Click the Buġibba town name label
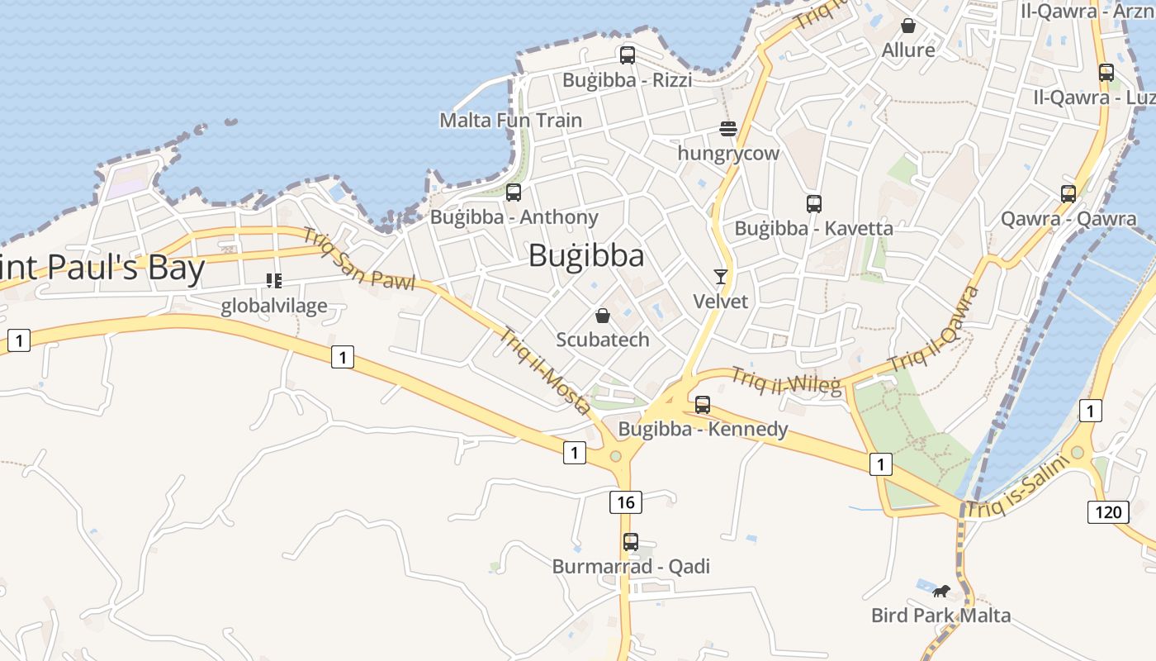tap(586, 255)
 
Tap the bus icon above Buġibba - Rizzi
tap(628, 55)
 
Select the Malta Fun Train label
tap(510, 120)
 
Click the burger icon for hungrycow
tap(727, 129)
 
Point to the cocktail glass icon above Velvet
tap(721, 277)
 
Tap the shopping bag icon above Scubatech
tap(603, 316)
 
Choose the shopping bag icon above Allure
tap(908, 26)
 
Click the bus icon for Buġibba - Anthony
tap(514, 193)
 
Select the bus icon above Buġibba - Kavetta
tap(814, 203)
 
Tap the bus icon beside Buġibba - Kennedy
tap(703, 405)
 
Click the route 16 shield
tap(626, 502)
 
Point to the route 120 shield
tap(1108, 511)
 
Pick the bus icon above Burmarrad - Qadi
tap(631, 542)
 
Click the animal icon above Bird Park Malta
tap(940, 591)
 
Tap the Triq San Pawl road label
tap(358, 259)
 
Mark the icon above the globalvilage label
tap(274, 281)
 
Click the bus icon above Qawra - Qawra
tap(1068, 194)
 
